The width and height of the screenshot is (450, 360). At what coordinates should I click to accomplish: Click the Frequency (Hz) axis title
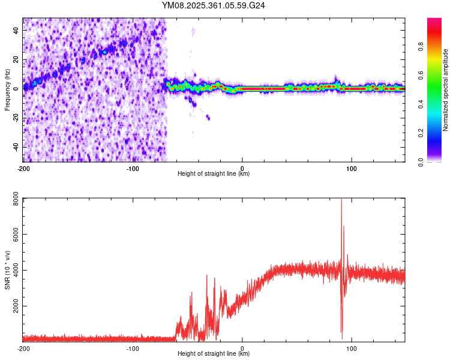point(7,89)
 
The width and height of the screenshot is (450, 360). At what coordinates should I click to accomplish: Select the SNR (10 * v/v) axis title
point(7,269)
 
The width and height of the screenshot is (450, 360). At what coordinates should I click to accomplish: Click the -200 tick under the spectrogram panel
point(23,168)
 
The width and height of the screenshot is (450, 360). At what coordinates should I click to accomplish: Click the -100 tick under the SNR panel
point(133,348)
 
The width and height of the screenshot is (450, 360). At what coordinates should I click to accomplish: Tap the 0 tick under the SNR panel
point(242,348)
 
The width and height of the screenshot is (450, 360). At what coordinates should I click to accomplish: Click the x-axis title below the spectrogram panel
point(214,174)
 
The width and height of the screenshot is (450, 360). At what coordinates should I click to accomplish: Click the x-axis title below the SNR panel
point(214,354)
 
